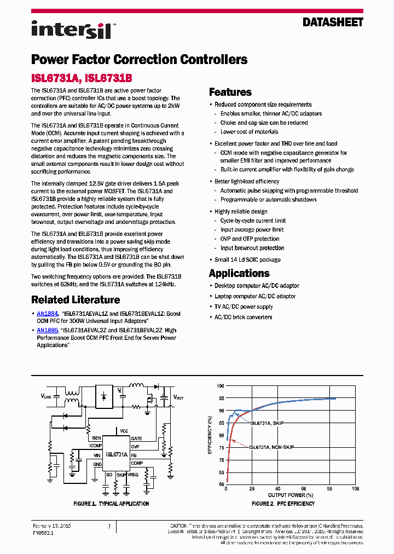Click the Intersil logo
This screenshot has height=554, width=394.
coord(72,29)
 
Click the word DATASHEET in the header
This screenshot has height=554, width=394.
coord(333,22)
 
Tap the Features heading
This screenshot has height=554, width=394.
coord(230,92)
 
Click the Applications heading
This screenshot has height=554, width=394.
coord(239,273)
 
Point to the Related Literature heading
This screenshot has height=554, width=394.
coord(76,300)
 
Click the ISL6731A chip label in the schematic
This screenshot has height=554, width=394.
coord(117,454)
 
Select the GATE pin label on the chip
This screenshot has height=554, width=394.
coord(136,439)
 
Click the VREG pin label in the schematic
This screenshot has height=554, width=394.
coord(132,475)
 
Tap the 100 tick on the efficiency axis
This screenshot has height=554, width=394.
coord(220,385)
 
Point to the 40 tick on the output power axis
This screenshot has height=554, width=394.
coord(278,489)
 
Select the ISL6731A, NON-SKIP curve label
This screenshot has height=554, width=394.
coord(272,447)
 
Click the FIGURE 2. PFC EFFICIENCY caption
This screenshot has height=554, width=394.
coord(283,504)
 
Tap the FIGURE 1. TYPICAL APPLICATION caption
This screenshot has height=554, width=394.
coord(111,504)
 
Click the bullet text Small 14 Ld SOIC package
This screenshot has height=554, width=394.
coord(247,260)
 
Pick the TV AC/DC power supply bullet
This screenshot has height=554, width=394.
coord(244,307)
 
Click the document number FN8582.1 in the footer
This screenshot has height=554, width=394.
coord(43,531)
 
